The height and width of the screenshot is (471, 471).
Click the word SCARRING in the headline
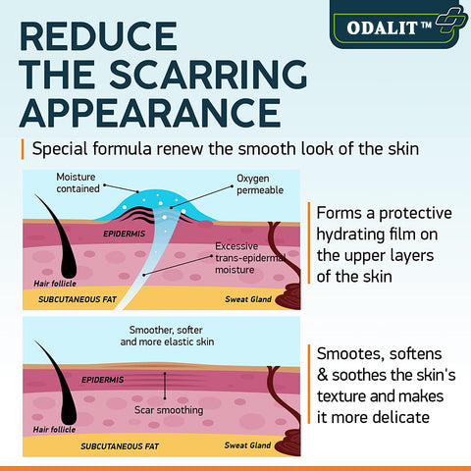208,75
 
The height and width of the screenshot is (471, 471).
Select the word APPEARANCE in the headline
150,113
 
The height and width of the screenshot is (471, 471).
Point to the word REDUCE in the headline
98,36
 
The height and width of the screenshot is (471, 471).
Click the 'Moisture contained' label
78,183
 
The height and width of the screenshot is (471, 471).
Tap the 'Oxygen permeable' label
260,184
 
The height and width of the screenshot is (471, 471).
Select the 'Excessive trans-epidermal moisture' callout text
250,258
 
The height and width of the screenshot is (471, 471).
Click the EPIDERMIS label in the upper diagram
125,234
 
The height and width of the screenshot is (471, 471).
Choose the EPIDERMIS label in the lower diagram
103,380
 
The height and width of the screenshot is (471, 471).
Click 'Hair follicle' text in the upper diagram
55,284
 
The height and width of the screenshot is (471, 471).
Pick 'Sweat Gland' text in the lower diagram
247,445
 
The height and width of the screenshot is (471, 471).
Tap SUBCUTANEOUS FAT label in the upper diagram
78,299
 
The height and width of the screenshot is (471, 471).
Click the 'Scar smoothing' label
169,410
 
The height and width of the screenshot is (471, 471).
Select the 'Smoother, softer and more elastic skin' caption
167,336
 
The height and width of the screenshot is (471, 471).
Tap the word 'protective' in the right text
415,214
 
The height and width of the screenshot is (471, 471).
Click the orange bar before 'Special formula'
23,149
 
